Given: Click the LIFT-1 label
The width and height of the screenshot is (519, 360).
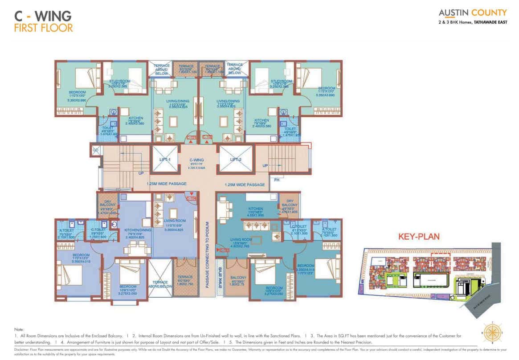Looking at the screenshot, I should (165, 159).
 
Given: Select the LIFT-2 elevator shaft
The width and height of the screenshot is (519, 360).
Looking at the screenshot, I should (236, 159).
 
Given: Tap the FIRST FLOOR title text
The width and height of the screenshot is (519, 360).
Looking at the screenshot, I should (43, 28).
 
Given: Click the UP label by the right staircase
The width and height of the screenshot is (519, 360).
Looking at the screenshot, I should (265, 165).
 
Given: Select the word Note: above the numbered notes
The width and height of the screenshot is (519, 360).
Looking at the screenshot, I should (19, 330).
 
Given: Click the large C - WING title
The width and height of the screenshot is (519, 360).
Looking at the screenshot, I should (43, 15).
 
